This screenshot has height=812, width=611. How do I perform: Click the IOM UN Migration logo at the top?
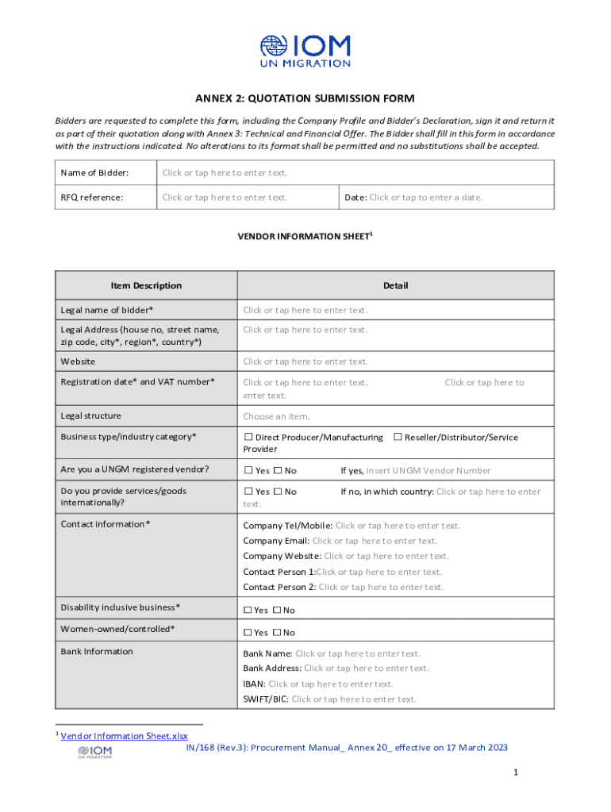[x=305, y=51]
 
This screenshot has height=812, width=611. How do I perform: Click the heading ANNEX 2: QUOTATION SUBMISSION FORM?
[x=305, y=99]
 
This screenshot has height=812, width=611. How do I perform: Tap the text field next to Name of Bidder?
[x=225, y=173]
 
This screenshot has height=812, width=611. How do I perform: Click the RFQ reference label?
[x=92, y=197]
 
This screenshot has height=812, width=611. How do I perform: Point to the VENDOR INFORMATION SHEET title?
[x=305, y=236]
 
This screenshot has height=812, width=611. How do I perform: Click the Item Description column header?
[x=146, y=285]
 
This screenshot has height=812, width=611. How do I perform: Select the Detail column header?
[x=395, y=285]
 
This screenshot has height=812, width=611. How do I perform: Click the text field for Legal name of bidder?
[x=305, y=310]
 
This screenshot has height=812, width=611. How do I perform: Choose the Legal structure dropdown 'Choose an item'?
[x=276, y=416]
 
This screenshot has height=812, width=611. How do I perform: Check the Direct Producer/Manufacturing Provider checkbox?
[x=248, y=438]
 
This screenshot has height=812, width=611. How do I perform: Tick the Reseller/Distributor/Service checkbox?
[x=398, y=438]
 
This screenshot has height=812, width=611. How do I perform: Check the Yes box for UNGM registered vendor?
[x=248, y=471]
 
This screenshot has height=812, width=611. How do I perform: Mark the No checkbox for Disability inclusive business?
[x=277, y=611]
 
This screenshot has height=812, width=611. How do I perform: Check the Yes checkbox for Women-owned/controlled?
[x=248, y=633]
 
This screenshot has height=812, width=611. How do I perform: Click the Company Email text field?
[x=375, y=541]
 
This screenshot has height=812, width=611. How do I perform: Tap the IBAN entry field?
[x=331, y=684]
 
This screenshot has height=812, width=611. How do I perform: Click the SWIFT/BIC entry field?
[x=354, y=699]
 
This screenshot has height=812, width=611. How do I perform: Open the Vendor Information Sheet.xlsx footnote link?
[x=124, y=736]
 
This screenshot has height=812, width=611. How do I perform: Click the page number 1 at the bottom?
[x=515, y=772]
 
